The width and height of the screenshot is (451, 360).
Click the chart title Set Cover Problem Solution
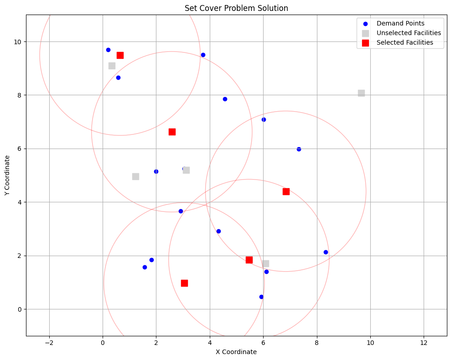click(236, 8)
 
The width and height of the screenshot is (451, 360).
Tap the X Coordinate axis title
click(236, 352)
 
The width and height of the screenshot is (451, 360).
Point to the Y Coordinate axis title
click(8, 175)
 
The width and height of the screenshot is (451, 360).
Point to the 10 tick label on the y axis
click(17, 42)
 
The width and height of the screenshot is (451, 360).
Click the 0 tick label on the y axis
click(19, 309)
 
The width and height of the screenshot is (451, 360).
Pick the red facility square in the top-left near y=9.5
click(120, 55)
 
